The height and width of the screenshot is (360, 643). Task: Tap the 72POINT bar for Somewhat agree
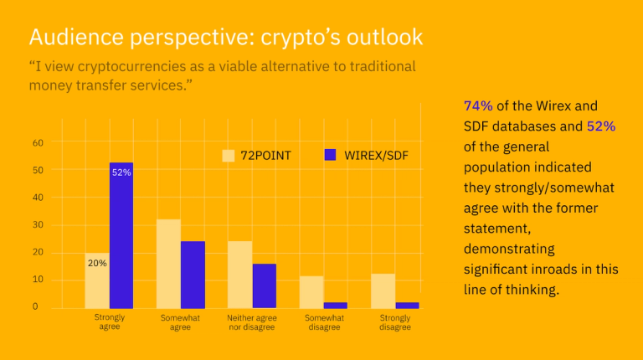(169, 264)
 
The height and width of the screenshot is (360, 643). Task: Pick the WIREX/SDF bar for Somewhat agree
(193, 275)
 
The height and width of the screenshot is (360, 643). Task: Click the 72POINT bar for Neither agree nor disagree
(240, 275)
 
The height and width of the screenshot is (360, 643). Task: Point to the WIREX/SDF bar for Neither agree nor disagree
(265, 285)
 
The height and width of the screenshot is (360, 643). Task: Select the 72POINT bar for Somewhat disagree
(311, 291)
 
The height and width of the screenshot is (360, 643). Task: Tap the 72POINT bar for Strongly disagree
(383, 291)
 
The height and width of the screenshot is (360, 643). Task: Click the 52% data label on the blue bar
(121, 172)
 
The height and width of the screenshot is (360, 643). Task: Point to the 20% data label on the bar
(97, 263)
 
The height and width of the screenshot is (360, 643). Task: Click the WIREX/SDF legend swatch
(329, 155)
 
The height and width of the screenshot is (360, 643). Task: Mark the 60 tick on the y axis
(38, 142)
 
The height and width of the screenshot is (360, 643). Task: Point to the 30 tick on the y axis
(38, 224)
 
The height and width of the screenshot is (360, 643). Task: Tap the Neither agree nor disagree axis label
(252, 322)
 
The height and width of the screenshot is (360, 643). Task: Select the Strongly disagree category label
(395, 322)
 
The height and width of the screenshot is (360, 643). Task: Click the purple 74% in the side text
(478, 105)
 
